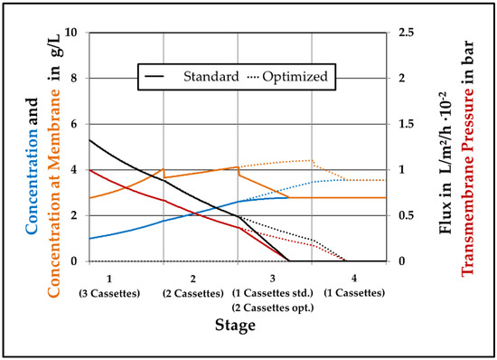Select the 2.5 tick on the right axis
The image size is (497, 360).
(x=415, y=33)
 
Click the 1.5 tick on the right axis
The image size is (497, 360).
(x=415, y=124)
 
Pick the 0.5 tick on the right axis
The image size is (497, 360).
(x=415, y=215)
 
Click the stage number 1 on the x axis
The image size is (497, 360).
(x=108, y=277)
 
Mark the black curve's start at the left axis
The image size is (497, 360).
(x=89, y=140)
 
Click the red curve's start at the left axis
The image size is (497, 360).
(x=89, y=170)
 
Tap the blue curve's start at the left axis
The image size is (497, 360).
(x=89, y=239)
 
